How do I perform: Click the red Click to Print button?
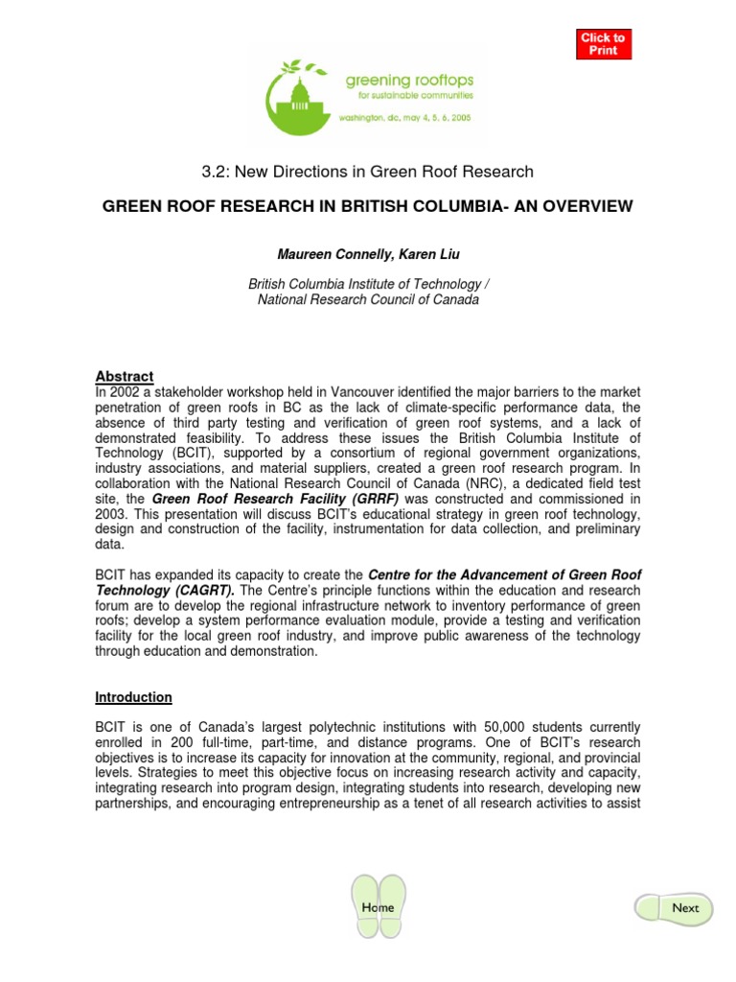pos(604,44)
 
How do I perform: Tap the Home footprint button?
pos(378,906)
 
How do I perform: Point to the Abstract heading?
pos(125,376)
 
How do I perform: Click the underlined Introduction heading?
pos(133,697)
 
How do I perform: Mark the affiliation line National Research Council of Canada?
pos(369,300)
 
